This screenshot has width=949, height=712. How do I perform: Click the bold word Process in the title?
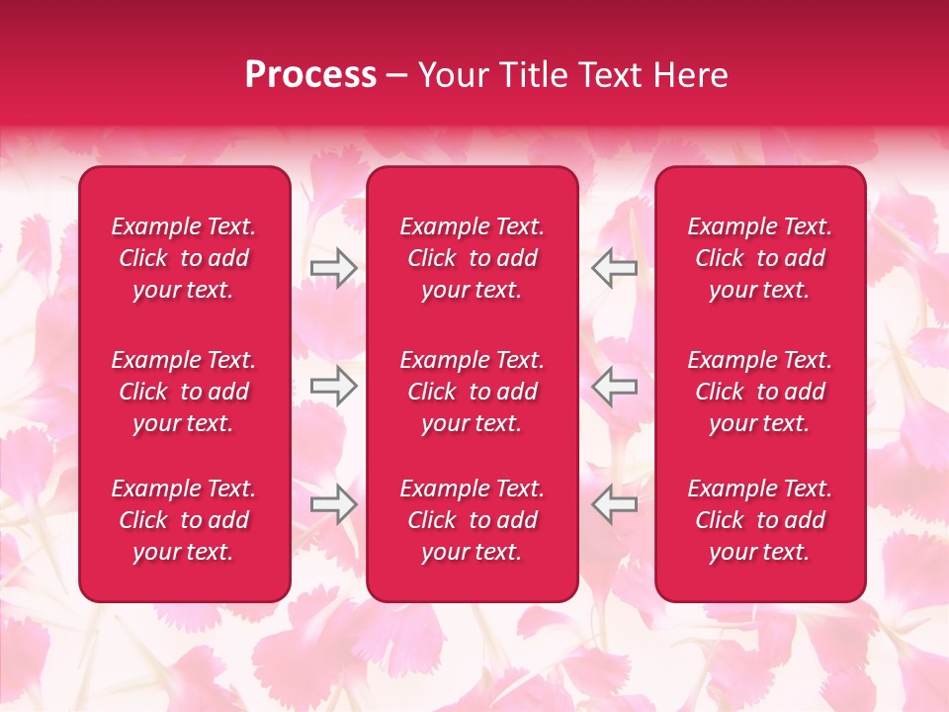point(310,75)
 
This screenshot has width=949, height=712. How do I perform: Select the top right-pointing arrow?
point(334,268)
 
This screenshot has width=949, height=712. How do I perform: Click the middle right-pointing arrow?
point(334,386)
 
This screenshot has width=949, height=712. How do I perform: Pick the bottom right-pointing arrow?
point(334,504)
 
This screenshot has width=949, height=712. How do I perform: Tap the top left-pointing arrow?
point(614,268)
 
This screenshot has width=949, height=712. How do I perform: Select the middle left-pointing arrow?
point(614,386)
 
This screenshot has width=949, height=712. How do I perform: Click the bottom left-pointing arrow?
point(614,504)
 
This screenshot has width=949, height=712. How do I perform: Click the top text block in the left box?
point(184,258)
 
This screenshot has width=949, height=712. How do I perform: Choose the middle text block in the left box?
point(184,392)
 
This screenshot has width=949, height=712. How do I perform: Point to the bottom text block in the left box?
point(184,520)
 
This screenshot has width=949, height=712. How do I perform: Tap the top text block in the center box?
point(472,258)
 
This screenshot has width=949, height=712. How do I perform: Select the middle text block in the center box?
point(472,392)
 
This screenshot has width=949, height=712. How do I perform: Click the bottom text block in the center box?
point(472,520)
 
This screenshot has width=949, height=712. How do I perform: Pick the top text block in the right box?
point(759,258)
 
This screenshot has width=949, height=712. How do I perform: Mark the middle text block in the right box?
point(759,392)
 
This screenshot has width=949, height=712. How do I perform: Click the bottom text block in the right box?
point(759,520)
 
